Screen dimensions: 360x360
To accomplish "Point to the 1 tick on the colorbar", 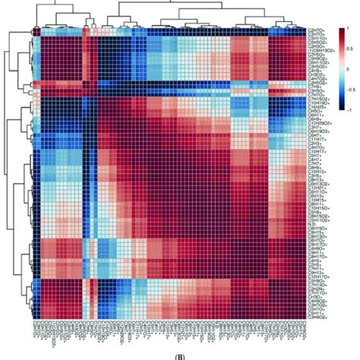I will (350, 28).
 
